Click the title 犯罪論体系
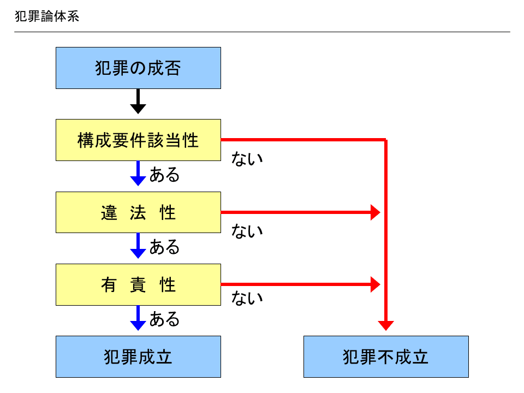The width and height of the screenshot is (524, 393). click(x=47, y=16)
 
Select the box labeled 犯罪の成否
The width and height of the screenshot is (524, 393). click(x=138, y=68)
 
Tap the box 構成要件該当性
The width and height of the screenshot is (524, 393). click(x=138, y=140)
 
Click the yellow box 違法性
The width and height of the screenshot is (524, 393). click(x=138, y=212)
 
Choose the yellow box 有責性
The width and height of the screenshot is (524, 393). click(x=138, y=285)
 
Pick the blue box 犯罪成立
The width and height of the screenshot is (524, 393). click(x=138, y=356)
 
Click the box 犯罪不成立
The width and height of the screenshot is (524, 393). click(x=386, y=356)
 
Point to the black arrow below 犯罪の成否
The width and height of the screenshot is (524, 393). click(x=138, y=102)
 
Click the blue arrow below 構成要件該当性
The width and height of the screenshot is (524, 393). click(x=138, y=174)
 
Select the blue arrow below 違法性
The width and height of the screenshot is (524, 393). click(x=138, y=246)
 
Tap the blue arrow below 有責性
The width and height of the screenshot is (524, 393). click(x=138, y=318)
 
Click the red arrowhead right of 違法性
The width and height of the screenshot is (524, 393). click(x=376, y=212)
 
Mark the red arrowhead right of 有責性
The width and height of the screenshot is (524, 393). click(x=376, y=285)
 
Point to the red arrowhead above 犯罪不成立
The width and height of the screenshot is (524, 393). click(x=386, y=326)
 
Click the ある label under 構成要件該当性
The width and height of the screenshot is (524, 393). click(x=164, y=175)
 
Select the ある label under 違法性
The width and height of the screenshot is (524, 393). click(x=164, y=247)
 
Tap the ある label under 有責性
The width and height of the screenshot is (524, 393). click(x=164, y=319)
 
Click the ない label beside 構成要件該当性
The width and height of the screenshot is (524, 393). click(x=247, y=158)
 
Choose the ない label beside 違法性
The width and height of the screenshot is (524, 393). click(x=247, y=231)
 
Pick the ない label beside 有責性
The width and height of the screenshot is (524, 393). click(x=247, y=298)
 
